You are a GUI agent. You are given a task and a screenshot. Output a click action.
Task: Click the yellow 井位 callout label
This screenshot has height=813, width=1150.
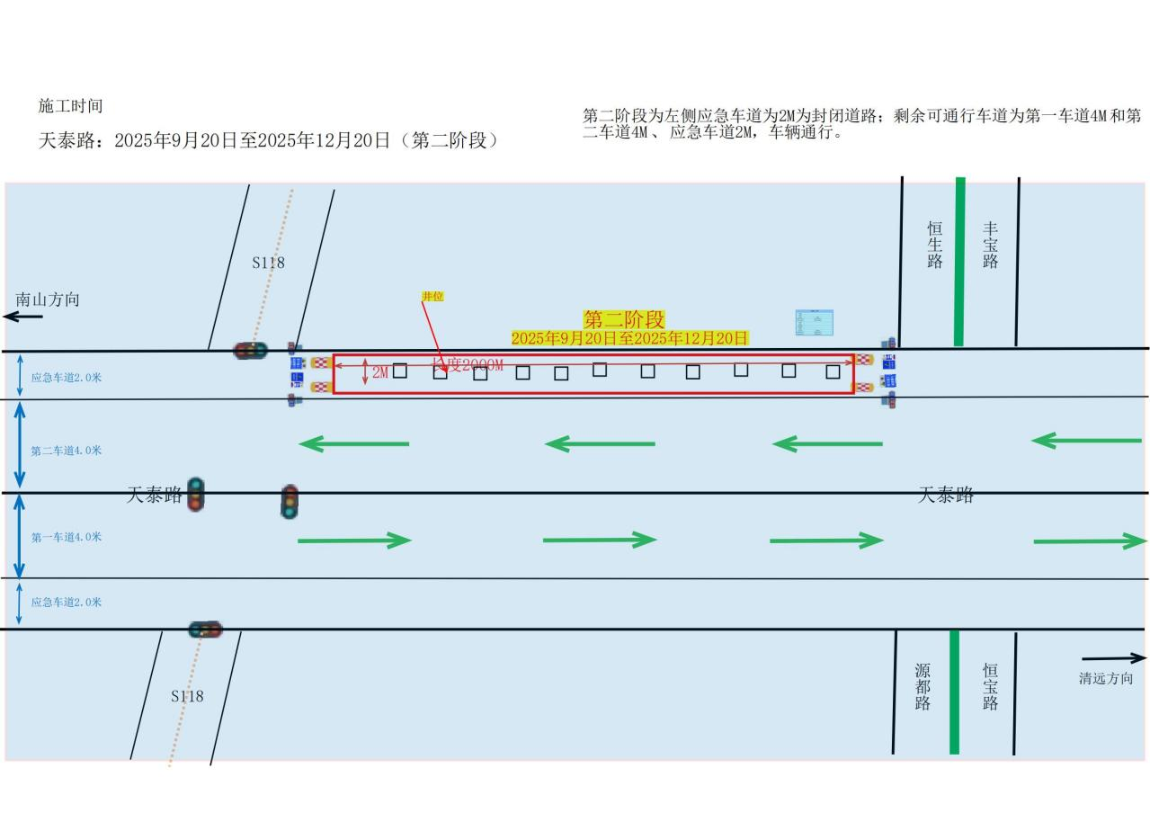point(432,296)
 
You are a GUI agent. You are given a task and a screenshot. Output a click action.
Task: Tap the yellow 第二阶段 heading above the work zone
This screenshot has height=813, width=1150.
point(623,319)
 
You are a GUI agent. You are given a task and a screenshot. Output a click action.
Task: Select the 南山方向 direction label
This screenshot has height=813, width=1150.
point(48,299)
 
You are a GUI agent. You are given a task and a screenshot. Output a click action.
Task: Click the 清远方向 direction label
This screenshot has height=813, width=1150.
point(1106,679)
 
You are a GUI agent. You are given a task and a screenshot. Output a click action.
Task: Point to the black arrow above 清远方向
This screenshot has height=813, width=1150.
point(1113,658)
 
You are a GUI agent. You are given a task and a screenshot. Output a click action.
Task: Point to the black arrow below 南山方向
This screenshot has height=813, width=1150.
point(22,317)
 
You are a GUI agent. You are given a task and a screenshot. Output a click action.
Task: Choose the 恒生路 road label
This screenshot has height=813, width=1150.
point(935,245)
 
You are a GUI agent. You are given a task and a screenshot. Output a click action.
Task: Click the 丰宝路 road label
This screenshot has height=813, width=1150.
point(990,245)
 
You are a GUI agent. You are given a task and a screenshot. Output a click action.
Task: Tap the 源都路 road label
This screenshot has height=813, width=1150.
point(923,687)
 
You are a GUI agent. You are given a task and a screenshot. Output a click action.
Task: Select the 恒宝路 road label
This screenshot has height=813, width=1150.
point(990,687)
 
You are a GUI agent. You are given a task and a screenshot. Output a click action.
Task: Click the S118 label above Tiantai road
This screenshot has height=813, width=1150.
point(268,263)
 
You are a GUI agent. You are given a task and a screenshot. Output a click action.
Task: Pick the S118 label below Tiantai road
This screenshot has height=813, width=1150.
point(187,696)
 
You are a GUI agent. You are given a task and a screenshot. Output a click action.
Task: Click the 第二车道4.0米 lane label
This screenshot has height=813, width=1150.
point(67,451)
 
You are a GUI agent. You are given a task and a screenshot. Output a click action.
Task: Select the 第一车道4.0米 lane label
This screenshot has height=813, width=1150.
point(67,537)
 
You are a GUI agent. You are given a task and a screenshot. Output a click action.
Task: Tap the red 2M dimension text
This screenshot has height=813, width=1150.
point(380,371)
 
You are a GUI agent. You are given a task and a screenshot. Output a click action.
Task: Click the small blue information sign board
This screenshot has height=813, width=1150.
point(814,323)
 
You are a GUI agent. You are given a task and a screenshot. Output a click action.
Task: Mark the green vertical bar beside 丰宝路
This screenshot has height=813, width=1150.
point(959,261)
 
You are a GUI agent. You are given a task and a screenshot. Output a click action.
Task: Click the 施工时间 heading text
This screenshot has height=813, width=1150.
point(70,106)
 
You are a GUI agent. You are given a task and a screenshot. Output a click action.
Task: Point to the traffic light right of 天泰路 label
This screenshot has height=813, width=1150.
point(195,495)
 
